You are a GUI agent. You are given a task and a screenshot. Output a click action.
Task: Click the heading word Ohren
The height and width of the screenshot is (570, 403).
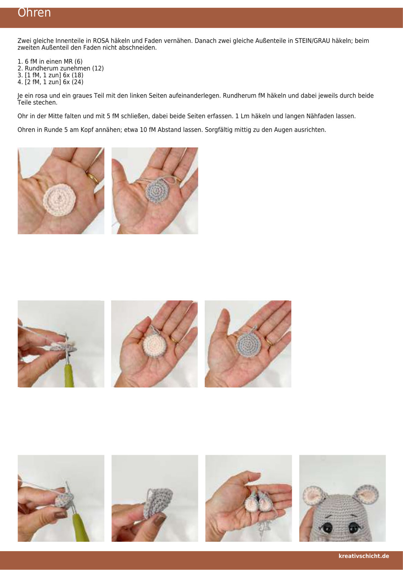coord(34,13)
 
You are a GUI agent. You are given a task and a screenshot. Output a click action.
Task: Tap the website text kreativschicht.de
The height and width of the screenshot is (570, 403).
coord(364,556)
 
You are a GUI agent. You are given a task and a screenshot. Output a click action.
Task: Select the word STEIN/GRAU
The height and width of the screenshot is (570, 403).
coord(312,41)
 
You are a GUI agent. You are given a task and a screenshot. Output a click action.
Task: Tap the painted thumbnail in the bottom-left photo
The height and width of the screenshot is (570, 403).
coord(60,515)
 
